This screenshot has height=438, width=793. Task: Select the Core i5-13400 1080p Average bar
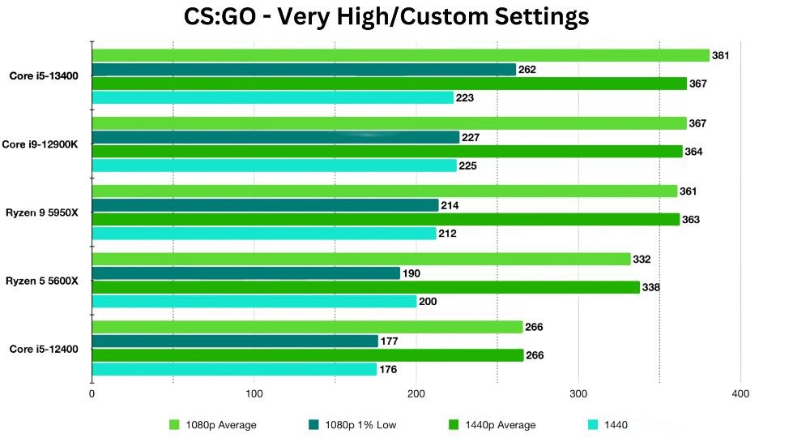pyautogui.click(x=400, y=55)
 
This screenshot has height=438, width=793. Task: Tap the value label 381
pyautogui.click(x=721, y=55)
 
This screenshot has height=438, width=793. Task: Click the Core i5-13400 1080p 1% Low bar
pyautogui.click(x=304, y=70)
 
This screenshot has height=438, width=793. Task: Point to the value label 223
pyautogui.click(x=465, y=98)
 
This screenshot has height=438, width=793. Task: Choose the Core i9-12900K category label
pyautogui.click(x=45, y=144)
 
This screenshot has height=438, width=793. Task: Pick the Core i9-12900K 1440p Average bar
pyautogui.click(x=387, y=152)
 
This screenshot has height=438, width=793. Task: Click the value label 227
pyautogui.click(x=471, y=138)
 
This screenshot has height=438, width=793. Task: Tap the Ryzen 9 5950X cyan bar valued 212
pyautogui.click(x=264, y=234)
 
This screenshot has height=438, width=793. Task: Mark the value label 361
pyautogui.click(x=689, y=191)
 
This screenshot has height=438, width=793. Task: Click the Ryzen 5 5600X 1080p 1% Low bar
pyautogui.click(x=246, y=273)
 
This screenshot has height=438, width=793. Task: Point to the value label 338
pyautogui.click(x=651, y=287)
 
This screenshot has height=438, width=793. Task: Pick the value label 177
pyautogui.click(x=390, y=341)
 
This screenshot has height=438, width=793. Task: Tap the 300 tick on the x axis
pyautogui.click(x=578, y=394)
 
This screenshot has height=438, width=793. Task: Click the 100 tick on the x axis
pyautogui.click(x=254, y=394)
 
